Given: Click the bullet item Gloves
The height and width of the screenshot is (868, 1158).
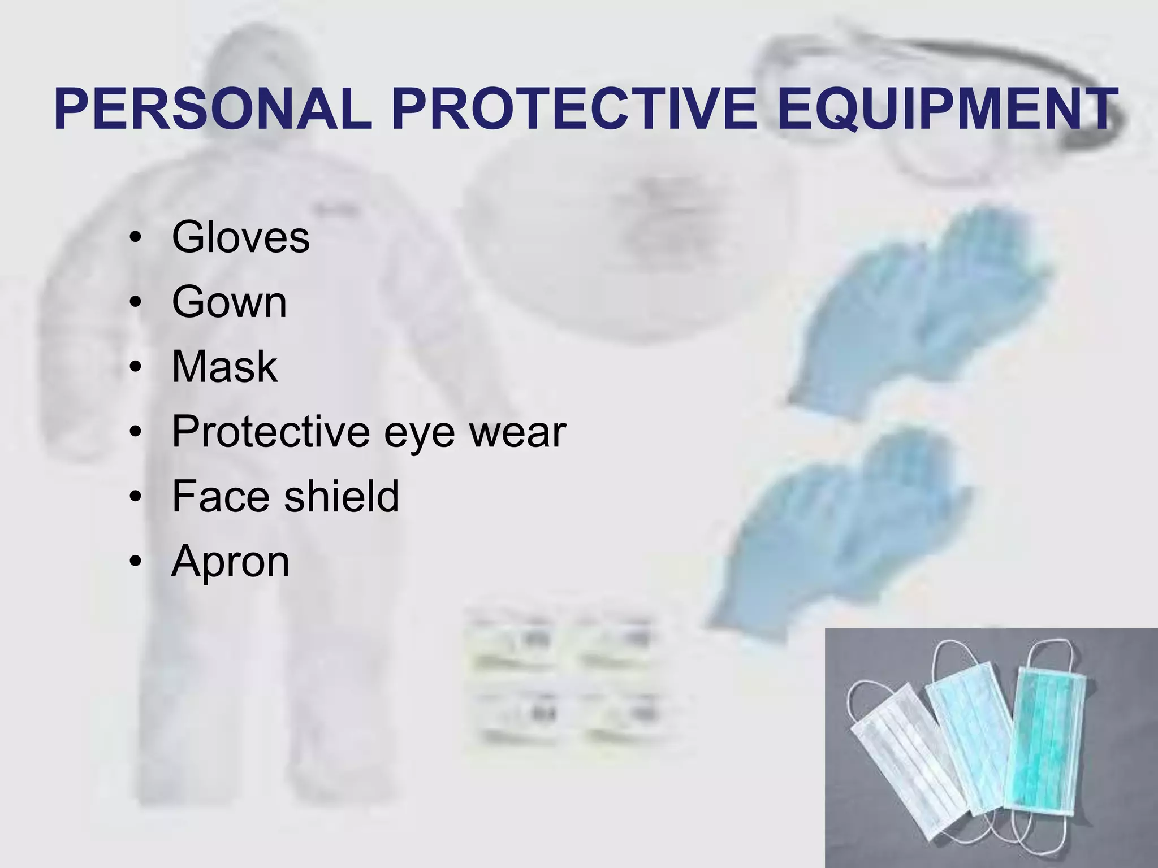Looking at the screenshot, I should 240,237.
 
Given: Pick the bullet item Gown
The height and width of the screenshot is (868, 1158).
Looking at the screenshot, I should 229,302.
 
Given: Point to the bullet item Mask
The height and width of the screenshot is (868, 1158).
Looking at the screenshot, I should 224,367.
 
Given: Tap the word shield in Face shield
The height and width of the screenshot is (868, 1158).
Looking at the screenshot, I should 342,496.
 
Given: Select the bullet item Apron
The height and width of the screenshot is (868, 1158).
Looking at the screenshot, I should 230,562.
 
